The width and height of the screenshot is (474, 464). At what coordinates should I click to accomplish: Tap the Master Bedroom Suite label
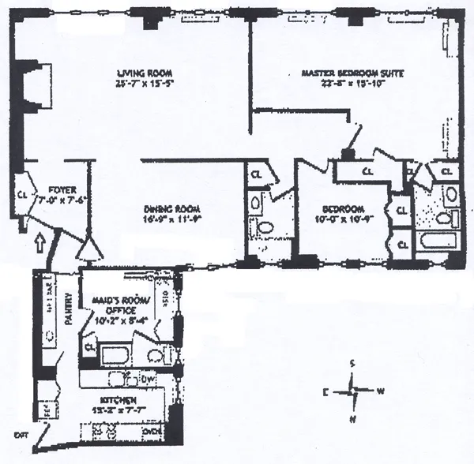pos(353,74)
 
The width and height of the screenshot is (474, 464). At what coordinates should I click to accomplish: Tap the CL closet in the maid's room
pos(89,346)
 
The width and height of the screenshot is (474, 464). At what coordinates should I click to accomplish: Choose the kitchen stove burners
pos(107,431)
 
